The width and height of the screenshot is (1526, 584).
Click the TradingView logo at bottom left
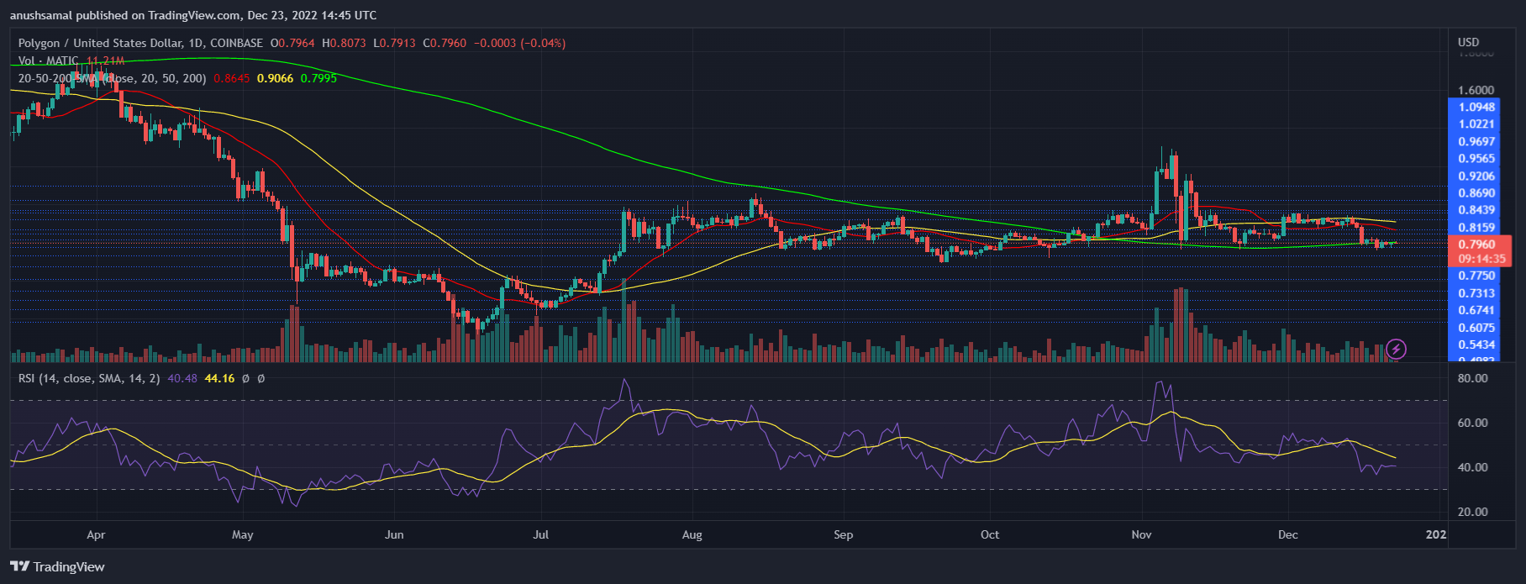57,566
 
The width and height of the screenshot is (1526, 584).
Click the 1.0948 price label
1476,107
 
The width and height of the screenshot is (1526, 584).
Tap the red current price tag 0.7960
1476,245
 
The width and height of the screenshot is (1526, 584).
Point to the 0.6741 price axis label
1476,310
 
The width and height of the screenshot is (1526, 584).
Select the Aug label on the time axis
692,534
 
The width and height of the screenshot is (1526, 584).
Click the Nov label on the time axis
1141,534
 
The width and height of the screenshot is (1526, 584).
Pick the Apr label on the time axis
96,534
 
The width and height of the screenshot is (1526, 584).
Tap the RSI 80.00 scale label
1472,378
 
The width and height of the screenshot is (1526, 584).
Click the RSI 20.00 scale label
1472,512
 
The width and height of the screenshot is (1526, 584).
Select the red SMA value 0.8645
232,78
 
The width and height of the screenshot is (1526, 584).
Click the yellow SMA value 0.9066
275,78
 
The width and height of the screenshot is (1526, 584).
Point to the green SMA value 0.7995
318,78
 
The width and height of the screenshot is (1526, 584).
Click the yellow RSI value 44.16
219,378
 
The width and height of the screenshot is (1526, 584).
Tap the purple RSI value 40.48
182,378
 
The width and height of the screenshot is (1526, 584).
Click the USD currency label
1468,42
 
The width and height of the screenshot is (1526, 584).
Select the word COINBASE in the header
236,43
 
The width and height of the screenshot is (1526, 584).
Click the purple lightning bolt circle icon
1396,348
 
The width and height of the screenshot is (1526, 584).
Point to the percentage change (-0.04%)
543,43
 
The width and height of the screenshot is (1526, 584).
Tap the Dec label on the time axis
1287,534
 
